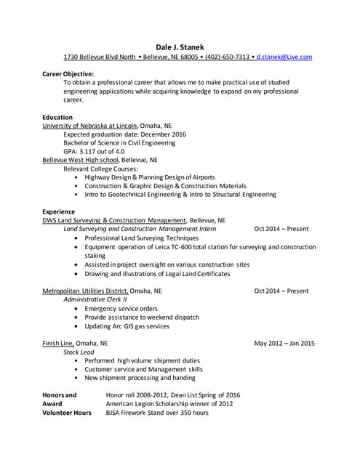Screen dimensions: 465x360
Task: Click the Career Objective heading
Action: [x=68, y=74]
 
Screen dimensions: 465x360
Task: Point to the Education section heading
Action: [x=57, y=117]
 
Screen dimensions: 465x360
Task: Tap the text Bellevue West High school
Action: [x=80, y=160]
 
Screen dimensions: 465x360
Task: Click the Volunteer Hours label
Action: [x=67, y=413]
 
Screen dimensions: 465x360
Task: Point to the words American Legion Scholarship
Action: [x=151, y=404]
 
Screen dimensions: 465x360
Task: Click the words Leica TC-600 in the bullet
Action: [x=182, y=246]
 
